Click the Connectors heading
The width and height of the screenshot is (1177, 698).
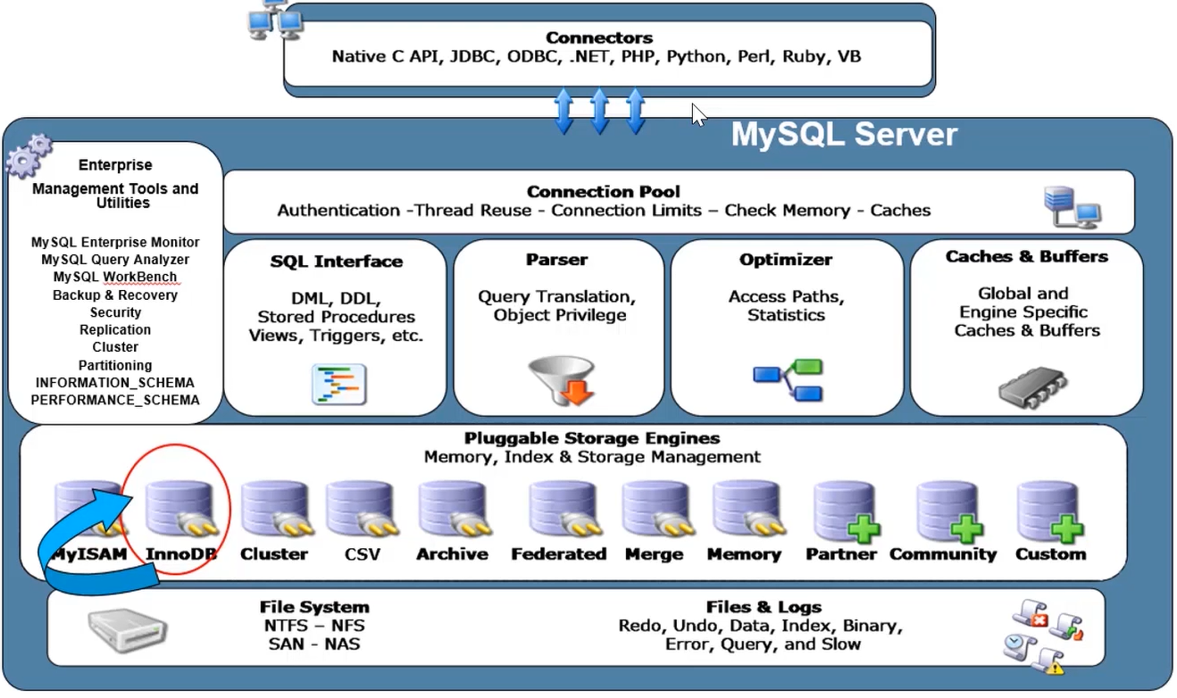tap(599, 37)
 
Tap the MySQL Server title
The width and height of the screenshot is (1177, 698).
tap(844, 135)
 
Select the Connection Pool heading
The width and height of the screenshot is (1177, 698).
tap(603, 191)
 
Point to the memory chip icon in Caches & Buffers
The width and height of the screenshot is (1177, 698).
tap(1031, 386)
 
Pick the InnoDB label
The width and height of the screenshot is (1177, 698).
tap(181, 553)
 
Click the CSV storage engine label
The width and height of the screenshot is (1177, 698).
tap(363, 553)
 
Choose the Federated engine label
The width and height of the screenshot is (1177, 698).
tap(558, 553)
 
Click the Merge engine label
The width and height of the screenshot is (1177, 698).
tap(655, 553)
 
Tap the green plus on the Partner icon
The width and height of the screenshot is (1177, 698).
tap(863, 528)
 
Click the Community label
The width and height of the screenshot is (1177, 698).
tap(943, 553)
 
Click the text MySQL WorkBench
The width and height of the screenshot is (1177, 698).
tap(115, 277)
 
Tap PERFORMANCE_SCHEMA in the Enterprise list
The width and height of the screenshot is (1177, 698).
tap(115, 400)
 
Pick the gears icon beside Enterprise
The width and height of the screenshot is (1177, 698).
tap(29, 157)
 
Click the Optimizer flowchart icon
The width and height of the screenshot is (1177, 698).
tap(787, 380)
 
